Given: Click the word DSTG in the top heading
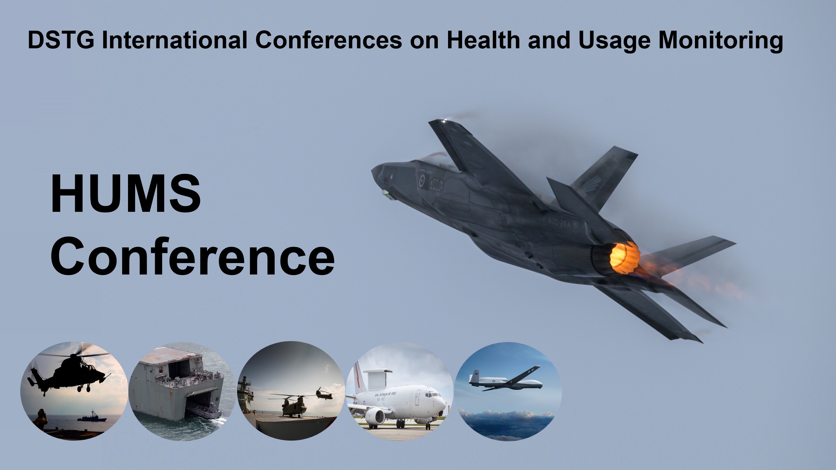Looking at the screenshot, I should tap(61, 40).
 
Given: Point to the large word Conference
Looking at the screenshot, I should tap(193, 257).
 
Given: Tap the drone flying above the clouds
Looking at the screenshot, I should tap(506, 381).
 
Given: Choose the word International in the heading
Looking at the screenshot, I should tap(175, 40).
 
